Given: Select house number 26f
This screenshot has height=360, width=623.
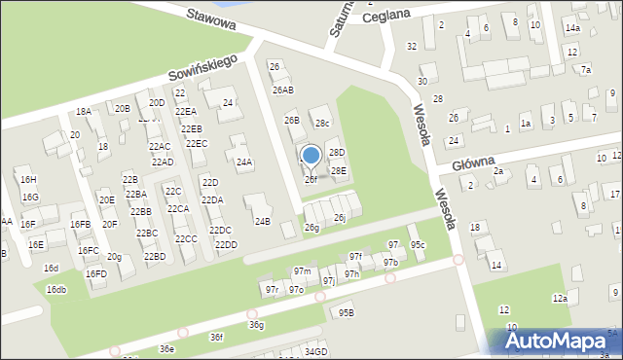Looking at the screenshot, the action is click(311, 179).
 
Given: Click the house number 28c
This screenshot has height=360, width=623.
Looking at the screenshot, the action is click(322, 123).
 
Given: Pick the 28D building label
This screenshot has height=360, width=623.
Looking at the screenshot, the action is click(337, 153).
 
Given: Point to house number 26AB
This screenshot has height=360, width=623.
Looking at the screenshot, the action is click(282, 90).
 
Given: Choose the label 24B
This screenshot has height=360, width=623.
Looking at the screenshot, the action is click(262, 221).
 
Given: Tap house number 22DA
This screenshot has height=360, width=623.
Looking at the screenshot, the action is click(212, 199).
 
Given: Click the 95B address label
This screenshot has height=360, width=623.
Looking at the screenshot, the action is click(346, 312).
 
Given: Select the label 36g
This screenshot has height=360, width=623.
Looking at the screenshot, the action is click(255, 324).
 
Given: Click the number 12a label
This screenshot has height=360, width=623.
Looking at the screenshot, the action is click(559, 298).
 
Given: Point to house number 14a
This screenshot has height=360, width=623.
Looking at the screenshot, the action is click(571, 29).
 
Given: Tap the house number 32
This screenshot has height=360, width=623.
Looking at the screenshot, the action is click(412, 46).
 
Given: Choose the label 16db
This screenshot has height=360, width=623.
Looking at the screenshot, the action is click(56, 289).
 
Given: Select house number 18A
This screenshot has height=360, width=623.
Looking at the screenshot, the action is click(84, 112).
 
